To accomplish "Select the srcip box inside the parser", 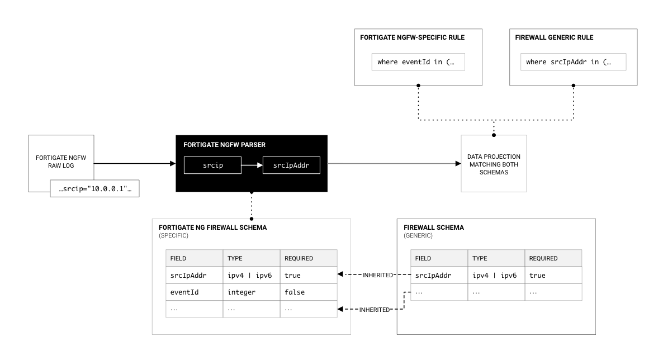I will (212, 166).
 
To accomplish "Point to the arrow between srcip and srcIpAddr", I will (252, 166).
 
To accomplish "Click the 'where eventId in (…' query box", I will (418, 62).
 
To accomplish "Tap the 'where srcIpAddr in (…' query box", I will (573, 62).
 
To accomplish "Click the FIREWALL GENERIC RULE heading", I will (554, 37).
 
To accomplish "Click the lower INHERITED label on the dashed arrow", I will (374, 309).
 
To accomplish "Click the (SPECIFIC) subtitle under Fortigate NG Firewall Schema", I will (174, 236).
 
